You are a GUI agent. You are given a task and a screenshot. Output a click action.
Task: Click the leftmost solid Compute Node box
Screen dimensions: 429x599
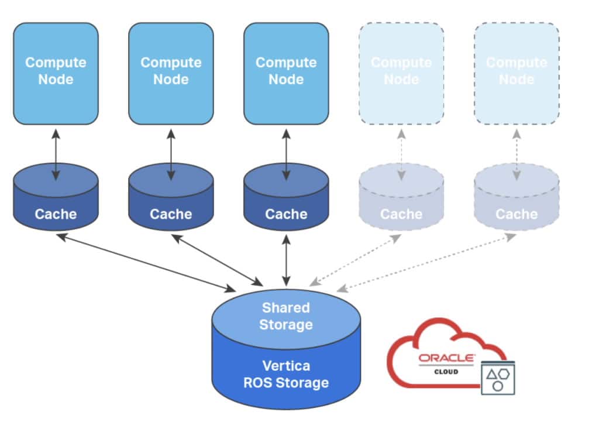[56, 73]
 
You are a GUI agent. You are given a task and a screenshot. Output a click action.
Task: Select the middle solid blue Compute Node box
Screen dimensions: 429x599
[171, 73]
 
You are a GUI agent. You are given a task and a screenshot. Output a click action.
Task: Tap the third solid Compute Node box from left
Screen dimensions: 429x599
[286, 73]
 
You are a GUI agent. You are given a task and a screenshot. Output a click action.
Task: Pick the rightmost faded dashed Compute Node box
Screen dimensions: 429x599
[517, 73]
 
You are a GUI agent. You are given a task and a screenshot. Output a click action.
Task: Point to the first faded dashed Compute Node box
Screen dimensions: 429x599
[401, 73]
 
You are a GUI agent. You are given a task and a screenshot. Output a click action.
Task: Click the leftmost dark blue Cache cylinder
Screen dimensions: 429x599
[56, 199]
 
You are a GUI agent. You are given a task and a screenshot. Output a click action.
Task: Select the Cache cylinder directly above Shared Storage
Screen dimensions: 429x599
[286, 199]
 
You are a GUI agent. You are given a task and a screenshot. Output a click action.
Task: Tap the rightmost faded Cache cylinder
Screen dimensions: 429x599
[517, 199]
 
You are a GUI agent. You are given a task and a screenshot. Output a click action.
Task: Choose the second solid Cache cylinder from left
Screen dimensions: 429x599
[171, 199]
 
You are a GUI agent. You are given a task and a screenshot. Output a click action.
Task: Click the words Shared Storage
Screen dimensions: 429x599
[286, 316]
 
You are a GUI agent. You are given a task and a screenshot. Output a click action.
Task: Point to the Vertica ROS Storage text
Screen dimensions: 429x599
[286, 375]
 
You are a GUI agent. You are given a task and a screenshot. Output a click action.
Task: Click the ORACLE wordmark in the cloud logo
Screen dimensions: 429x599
[447, 358]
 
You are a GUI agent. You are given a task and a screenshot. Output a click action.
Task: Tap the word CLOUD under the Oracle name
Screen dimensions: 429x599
[446, 372]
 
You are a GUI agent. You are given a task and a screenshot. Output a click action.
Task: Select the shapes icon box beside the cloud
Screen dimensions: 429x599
[497, 377]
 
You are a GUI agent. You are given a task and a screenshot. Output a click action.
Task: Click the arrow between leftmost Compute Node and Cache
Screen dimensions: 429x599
[56, 155]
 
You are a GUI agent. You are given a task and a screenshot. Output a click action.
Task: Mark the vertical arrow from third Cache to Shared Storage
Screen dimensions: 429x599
[286, 260]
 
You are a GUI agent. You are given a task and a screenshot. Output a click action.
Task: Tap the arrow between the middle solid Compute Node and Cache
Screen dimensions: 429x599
[171, 155]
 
